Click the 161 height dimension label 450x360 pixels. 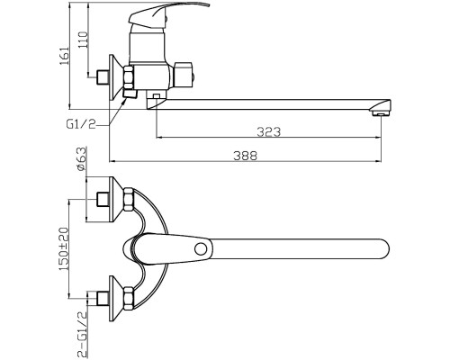click(x=64, y=56)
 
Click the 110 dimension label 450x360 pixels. click(x=83, y=40)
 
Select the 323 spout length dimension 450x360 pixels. click(x=269, y=132)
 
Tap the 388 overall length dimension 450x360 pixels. click(x=246, y=156)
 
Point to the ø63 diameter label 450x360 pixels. click(x=82, y=159)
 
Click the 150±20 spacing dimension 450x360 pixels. click(x=64, y=249)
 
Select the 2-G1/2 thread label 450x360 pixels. click(x=82, y=334)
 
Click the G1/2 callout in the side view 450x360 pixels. click(x=81, y=124)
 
